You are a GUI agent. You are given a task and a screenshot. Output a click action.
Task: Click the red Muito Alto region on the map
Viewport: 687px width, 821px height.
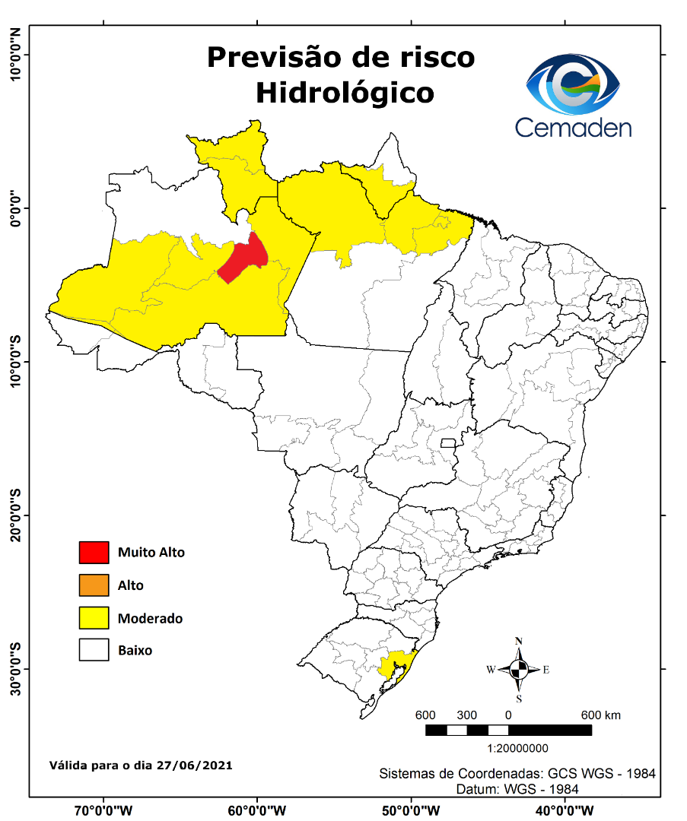point(242,260)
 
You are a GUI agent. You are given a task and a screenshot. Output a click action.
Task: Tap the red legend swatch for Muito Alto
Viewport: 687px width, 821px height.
point(94,553)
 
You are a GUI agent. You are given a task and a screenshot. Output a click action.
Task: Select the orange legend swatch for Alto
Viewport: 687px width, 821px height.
point(94,585)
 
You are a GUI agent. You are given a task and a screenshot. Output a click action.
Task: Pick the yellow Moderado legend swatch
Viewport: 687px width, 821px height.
point(94,618)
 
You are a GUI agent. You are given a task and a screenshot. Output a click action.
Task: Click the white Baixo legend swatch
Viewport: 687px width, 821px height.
point(94,651)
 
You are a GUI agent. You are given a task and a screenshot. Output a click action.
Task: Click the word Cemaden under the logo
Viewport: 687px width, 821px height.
point(573,127)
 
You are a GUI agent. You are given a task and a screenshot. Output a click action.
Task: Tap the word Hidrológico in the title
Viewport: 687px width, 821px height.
point(345,92)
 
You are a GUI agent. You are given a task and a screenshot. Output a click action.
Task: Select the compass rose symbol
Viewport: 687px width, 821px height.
point(519,670)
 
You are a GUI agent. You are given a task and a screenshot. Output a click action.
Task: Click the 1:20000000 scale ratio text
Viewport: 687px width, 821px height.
point(508,748)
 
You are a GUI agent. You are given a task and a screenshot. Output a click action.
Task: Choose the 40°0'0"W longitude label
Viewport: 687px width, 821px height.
point(565,810)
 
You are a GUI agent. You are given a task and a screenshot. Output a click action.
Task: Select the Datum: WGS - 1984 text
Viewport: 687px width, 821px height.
point(517,789)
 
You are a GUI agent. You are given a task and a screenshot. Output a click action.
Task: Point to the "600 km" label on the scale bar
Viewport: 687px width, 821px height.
point(601,715)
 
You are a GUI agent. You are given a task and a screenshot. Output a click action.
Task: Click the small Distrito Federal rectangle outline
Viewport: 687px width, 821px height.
point(448,443)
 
